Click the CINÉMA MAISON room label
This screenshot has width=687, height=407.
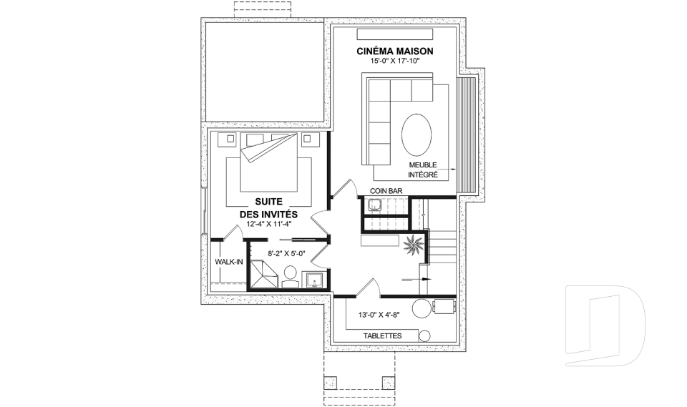pyautogui.click(x=395, y=52)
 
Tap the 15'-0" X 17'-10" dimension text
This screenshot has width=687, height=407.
pyautogui.click(x=395, y=61)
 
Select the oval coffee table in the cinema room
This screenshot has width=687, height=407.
pyautogui.click(x=416, y=134)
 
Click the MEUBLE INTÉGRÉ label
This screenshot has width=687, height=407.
pyautogui.click(x=423, y=170)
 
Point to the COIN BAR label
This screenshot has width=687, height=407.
pyautogui.click(x=386, y=191)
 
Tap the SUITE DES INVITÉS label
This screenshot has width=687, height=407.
pyautogui.click(x=268, y=208)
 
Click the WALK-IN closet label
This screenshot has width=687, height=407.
pyautogui.click(x=229, y=262)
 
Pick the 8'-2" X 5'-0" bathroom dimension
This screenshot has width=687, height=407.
pyautogui.click(x=286, y=253)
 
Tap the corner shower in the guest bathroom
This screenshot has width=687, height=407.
pyautogui.click(x=263, y=273)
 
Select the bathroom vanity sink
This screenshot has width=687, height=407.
pyautogui.click(x=315, y=280)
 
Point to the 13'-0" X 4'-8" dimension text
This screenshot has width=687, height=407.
pyautogui.click(x=379, y=315)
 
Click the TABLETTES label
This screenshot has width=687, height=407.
pyautogui.click(x=382, y=336)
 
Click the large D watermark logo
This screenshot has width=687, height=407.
pyautogui.click(x=605, y=325)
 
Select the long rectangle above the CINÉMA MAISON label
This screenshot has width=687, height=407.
pyautogui.click(x=395, y=34)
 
